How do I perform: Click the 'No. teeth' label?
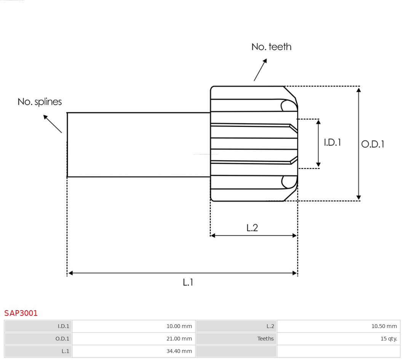(x=271, y=47)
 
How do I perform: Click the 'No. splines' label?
(x=40, y=102)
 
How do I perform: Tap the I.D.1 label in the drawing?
(x=332, y=142)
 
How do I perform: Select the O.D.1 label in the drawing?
(x=372, y=144)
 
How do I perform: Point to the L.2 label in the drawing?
(x=252, y=228)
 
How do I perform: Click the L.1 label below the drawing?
(x=188, y=282)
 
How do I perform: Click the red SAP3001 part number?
(x=21, y=313)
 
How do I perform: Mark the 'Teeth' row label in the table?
(x=265, y=339)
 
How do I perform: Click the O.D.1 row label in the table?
(x=63, y=339)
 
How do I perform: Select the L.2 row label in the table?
(x=270, y=326)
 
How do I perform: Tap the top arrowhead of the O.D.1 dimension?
(x=358, y=90)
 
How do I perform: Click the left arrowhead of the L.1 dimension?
(x=70, y=273)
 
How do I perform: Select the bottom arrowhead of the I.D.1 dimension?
(x=318, y=165)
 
